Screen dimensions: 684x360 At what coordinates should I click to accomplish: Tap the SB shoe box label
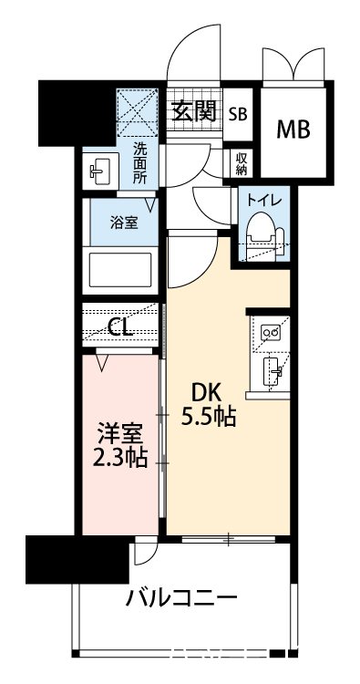pos(237,114)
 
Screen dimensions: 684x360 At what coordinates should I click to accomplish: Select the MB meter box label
pos(293,130)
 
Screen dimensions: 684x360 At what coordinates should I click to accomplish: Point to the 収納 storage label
pos(242,162)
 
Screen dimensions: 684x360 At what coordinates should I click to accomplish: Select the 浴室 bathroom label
pos(126,222)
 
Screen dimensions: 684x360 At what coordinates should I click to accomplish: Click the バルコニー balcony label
pos(181,599)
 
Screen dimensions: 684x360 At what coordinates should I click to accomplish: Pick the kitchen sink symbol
pos(271,370)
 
